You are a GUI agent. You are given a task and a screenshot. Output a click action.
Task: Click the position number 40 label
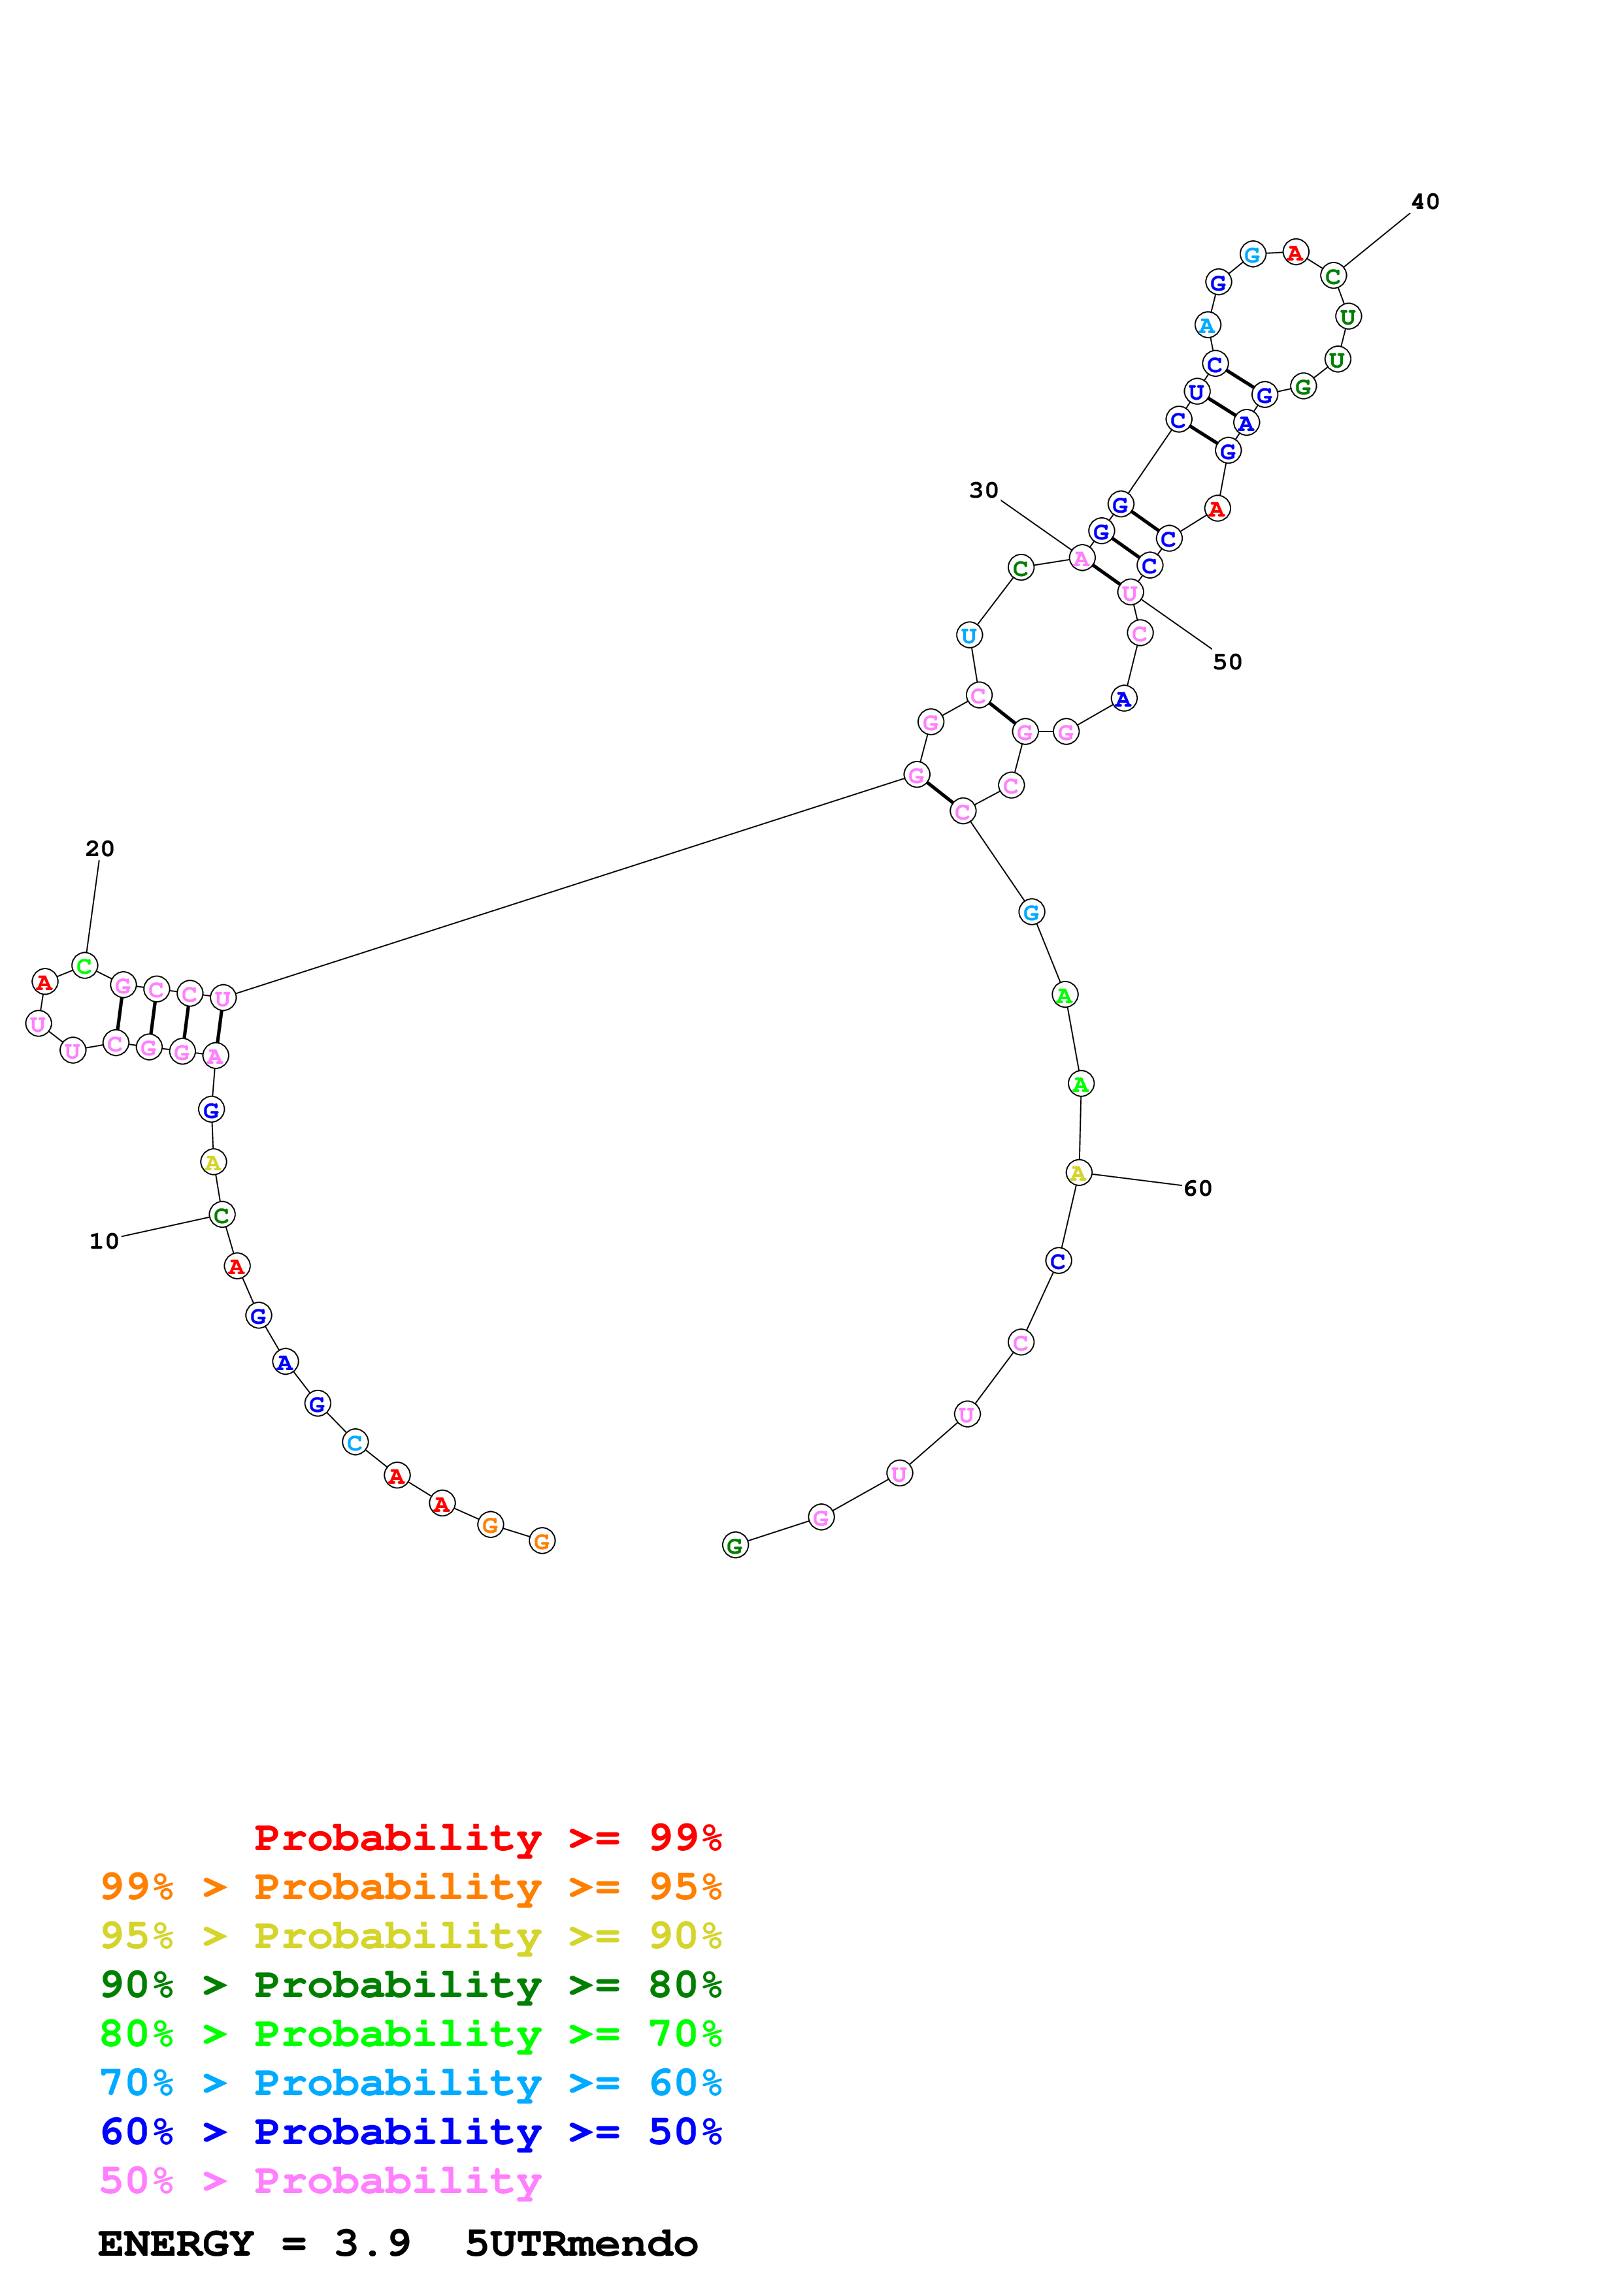pyautogui.click(x=1425, y=202)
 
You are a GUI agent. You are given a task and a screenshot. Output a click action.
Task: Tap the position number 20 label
pyautogui.click(x=100, y=848)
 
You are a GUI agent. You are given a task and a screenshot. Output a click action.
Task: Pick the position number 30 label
pyautogui.click(x=984, y=490)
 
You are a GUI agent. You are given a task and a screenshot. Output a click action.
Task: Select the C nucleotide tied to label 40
pyautogui.click(x=1332, y=276)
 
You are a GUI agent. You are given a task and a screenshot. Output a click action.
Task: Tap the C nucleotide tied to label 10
pyautogui.click(x=222, y=1214)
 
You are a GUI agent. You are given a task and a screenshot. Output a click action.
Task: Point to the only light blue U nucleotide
pyautogui.click(x=968, y=635)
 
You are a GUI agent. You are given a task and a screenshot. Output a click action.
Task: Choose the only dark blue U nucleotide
pyautogui.click(x=1196, y=391)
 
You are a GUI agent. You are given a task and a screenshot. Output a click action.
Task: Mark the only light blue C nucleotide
pyautogui.click(x=354, y=1442)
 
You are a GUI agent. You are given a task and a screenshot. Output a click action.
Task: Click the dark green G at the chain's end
pyautogui.click(x=735, y=1546)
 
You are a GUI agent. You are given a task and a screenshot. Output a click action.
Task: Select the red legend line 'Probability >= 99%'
pyautogui.click(x=487, y=1837)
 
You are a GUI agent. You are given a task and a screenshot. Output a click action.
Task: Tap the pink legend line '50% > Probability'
pyautogui.click(x=320, y=2180)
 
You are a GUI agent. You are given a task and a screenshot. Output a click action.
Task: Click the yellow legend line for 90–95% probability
pyautogui.click(x=410, y=1935)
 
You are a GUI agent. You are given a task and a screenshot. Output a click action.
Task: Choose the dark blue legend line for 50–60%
pyautogui.click(x=410, y=2132)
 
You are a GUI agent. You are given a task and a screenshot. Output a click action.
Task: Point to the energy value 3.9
pyautogui.click(x=372, y=2243)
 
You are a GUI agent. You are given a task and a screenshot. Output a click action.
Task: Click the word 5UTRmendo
pyautogui.click(x=581, y=2243)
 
